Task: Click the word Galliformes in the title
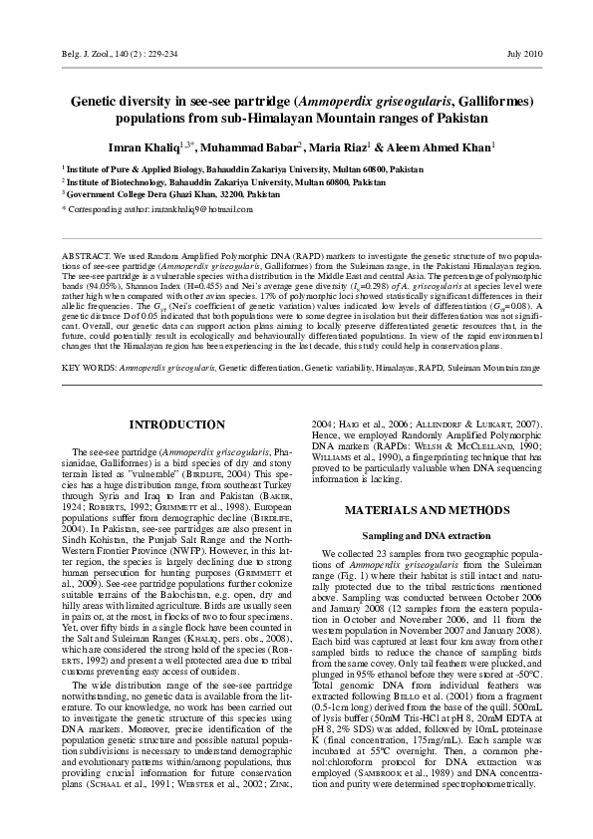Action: [484, 102]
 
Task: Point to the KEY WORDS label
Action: [89, 368]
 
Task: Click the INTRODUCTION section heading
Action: [179, 425]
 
